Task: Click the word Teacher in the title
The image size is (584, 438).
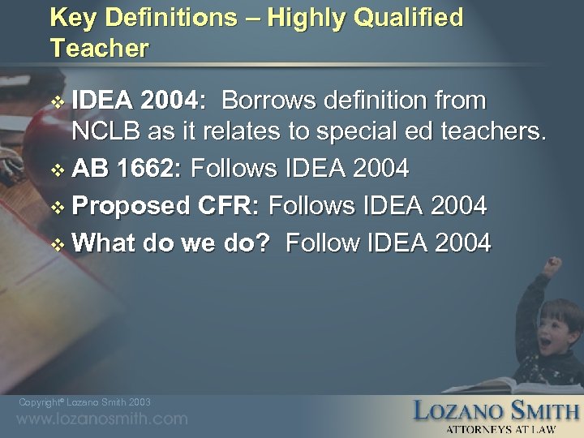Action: tap(99, 48)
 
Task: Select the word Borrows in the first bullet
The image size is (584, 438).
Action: tap(269, 101)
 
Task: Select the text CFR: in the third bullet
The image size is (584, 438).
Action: tap(230, 205)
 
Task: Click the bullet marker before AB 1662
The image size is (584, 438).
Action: tap(56, 169)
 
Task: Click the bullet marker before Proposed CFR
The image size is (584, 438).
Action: tap(56, 206)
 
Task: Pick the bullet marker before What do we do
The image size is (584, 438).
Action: tap(56, 243)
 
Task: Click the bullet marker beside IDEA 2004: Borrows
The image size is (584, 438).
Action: tap(56, 102)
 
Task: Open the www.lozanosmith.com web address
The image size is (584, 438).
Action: tap(102, 419)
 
